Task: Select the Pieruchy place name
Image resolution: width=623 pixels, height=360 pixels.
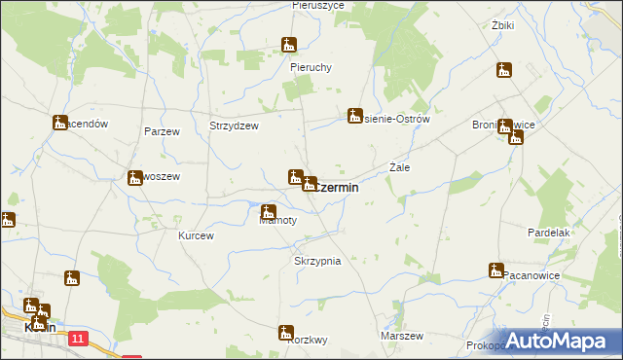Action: tap(311, 67)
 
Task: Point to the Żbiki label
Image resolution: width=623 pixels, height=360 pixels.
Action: tap(503, 25)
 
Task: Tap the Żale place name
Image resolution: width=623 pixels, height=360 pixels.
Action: tap(399, 167)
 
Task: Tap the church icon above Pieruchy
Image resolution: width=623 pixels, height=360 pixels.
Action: tap(289, 45)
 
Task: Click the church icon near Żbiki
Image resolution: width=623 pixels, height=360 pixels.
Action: tap(503, 70)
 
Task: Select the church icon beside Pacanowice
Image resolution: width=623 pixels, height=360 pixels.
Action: tap(495, 270)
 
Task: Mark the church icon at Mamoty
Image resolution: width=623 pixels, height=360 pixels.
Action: tap(269, 211)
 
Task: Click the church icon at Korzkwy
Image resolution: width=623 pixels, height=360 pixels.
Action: tap(286, 333)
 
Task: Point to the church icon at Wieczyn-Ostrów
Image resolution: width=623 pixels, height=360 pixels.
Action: tap(355, 116)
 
